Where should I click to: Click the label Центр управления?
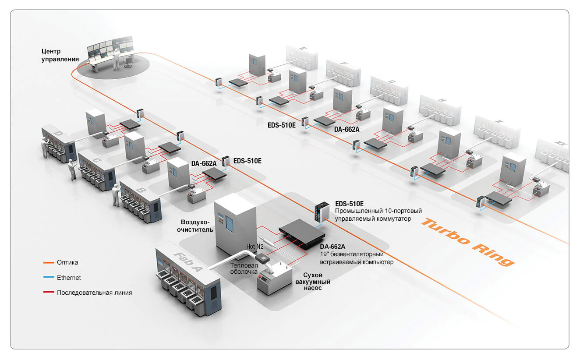(x=60, y=55)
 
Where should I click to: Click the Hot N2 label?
(x=255, y=247)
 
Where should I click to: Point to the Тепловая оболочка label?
(x=244, y=268)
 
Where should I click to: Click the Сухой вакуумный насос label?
(x=313, y=281)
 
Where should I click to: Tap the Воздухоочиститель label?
(x=195, y=226)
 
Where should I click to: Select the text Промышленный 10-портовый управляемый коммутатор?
(x=378, y=215)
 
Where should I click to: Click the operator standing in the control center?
(x=116, y=60)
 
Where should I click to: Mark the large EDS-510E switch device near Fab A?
(x=322, y=212)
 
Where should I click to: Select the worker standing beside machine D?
(x=45, y=147)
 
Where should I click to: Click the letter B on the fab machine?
(x=141, y=191)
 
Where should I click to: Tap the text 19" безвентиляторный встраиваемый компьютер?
(x=357, y=258)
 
